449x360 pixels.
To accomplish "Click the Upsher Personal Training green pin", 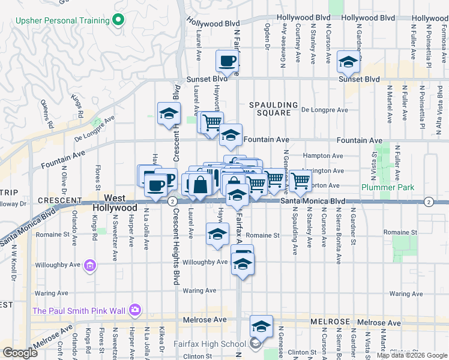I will (118, 20).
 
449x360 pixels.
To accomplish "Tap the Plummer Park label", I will (388, 187).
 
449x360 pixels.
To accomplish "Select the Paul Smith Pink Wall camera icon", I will (136, 310).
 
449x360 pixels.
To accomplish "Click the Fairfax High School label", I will (207, 344).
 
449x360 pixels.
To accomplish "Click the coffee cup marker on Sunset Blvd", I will (228, 61).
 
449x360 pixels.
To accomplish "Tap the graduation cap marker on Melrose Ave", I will (261, 326).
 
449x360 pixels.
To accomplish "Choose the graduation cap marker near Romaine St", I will (217, 234).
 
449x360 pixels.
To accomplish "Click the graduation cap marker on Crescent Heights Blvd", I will (169, 113).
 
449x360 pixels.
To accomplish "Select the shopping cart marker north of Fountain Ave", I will (212, 123).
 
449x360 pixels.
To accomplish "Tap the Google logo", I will (20, 353).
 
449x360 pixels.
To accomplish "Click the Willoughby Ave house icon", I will (89, 265).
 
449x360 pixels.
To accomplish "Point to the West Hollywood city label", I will (115, 203).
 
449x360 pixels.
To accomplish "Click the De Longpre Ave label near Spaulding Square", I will (324, 110).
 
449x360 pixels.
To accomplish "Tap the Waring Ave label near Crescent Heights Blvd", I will (199, 290).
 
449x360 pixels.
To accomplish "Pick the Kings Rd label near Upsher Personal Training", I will (77, 106).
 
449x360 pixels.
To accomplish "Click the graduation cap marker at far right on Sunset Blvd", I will (348, 62).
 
